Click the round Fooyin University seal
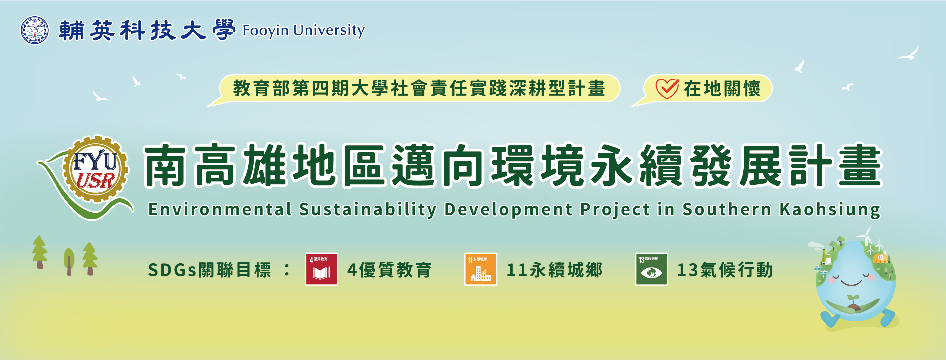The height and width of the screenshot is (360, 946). (35, 30)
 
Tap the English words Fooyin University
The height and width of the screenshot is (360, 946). (303, 30)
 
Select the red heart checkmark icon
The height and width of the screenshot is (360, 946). (667, 89)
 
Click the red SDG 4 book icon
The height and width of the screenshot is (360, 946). (321, 269)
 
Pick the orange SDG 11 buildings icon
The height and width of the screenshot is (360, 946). (480, 269)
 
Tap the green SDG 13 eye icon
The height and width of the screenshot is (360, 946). (651, 269)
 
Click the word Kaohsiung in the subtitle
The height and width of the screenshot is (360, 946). (830, 210)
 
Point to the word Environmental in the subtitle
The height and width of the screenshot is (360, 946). (220, 209)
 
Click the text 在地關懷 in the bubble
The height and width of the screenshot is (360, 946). (722, 89)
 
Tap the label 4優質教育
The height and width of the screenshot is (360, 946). (389, 270)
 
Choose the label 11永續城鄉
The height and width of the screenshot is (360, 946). (555, 270)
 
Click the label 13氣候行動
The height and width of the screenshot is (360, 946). (725, 270)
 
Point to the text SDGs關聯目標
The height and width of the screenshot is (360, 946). (209, 270)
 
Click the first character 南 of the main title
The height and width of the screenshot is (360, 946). (165, 165)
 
